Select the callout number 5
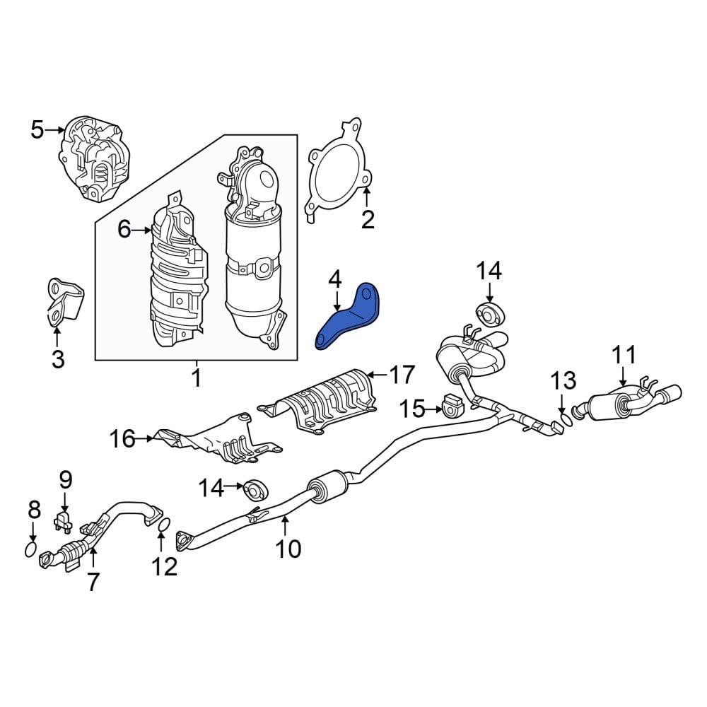coord(37,130)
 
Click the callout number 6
coord(124,230)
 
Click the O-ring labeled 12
coord(165,525)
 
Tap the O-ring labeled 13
coord(566,421)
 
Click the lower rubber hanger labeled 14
coord(256,491)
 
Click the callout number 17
coord(402,375)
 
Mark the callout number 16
coord(122,438)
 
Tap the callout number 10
coord(288,549)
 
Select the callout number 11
coord(624,354)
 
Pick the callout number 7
coord(93,582)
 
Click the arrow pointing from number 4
coord(336,299)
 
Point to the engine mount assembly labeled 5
coord(94,158)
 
